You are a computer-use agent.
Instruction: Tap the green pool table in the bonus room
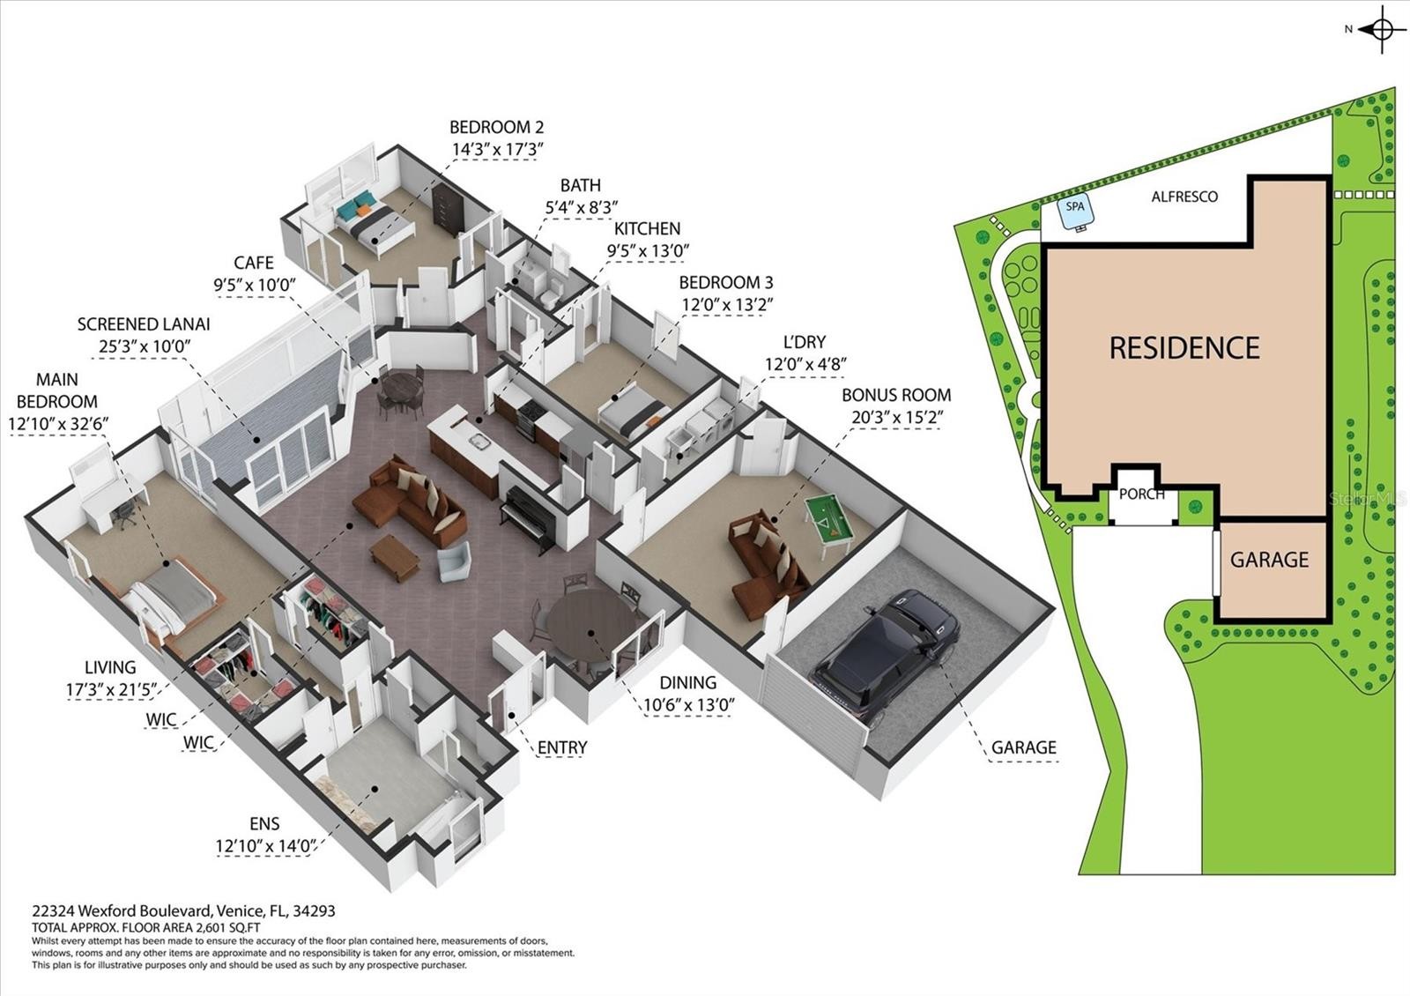point(828,527)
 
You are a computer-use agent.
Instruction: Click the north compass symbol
point(1382,29)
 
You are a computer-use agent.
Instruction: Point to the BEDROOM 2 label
point(496,127)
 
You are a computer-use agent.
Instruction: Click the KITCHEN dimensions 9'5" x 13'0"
point(648,250)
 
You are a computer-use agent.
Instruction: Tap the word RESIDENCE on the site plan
point(1184,347)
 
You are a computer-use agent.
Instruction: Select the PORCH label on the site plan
point(1142,494)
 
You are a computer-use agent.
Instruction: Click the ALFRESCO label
point(1184,197)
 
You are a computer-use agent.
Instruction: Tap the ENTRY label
point(562,747)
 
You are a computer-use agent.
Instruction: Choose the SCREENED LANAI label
point(144,324)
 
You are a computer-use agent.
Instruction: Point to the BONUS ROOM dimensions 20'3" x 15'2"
point(897,418)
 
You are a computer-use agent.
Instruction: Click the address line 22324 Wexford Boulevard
point(184,911)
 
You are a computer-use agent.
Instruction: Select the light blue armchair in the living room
point(455,561)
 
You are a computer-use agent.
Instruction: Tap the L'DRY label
point(804,342)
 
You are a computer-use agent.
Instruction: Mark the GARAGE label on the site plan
point(1269,559)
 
